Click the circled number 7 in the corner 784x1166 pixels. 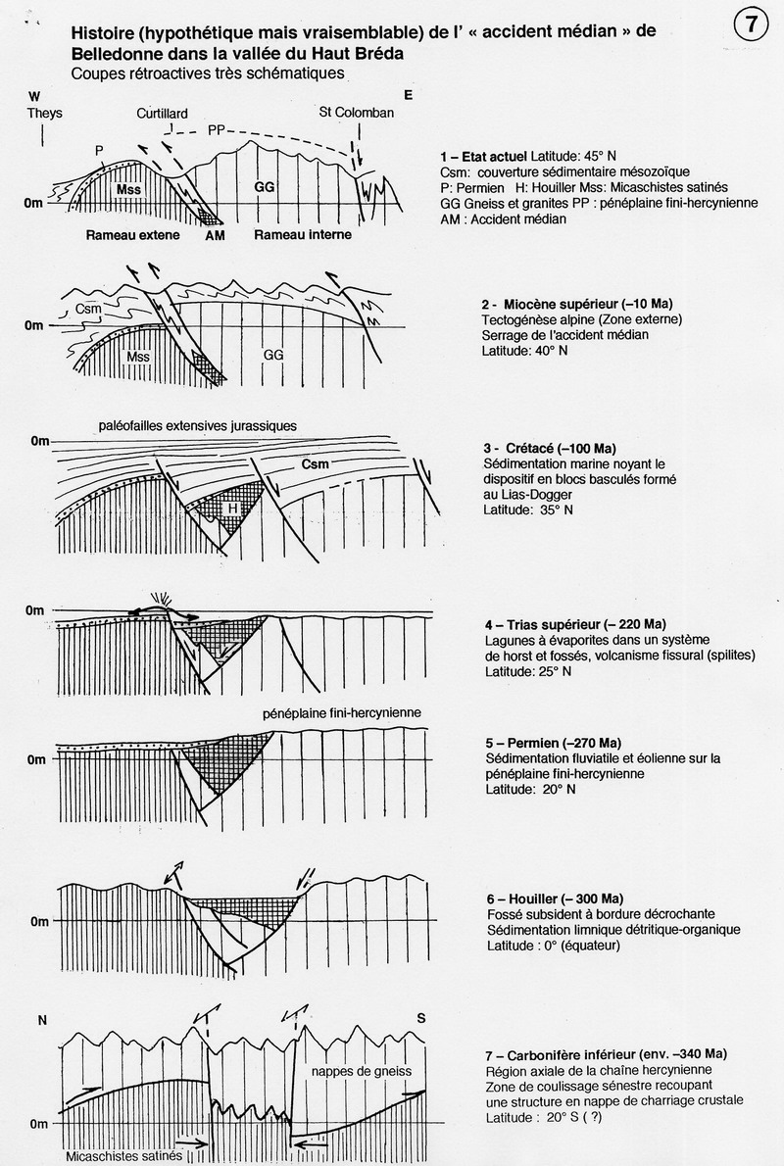751,26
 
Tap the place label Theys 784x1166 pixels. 45,113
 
